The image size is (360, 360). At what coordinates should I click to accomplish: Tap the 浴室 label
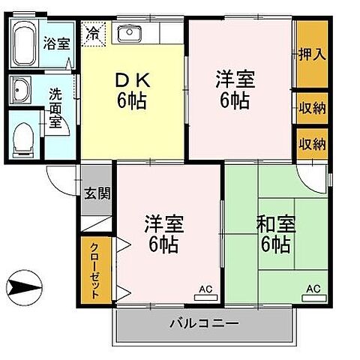pos(57,43)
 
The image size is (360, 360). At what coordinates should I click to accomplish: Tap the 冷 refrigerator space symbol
pos(94,33)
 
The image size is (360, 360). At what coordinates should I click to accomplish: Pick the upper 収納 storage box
pos(311,107)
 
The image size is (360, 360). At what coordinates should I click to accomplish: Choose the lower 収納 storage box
pos(311,142)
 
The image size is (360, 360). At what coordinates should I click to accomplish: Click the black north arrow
pos(22,286)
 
